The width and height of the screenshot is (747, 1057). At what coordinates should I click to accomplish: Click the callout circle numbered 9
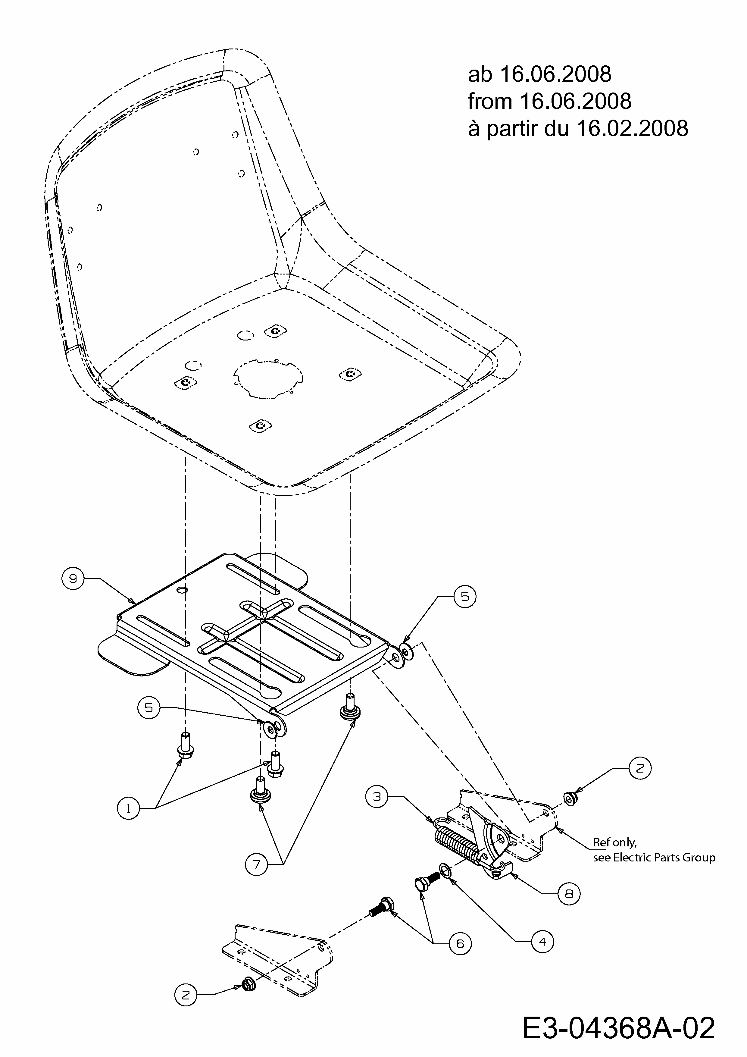coord(73,578)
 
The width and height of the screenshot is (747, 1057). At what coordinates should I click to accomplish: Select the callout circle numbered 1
coord(128,808)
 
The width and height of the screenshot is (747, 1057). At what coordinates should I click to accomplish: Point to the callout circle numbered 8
coord(569,894)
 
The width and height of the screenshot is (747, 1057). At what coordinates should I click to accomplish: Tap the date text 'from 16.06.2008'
coord(549,101)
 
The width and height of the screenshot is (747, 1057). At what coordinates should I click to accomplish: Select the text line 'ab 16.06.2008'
coord(539,74)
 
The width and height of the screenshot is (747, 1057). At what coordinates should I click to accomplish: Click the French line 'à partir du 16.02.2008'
coord(578,128)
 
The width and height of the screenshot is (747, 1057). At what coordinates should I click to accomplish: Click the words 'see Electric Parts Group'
coord(654,858)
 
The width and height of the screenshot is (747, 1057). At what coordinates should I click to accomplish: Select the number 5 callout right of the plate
coord(465,597)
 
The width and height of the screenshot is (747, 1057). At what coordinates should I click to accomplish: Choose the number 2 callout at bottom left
coord(186,995)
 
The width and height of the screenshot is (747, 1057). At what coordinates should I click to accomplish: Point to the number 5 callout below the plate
coord(149,707)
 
